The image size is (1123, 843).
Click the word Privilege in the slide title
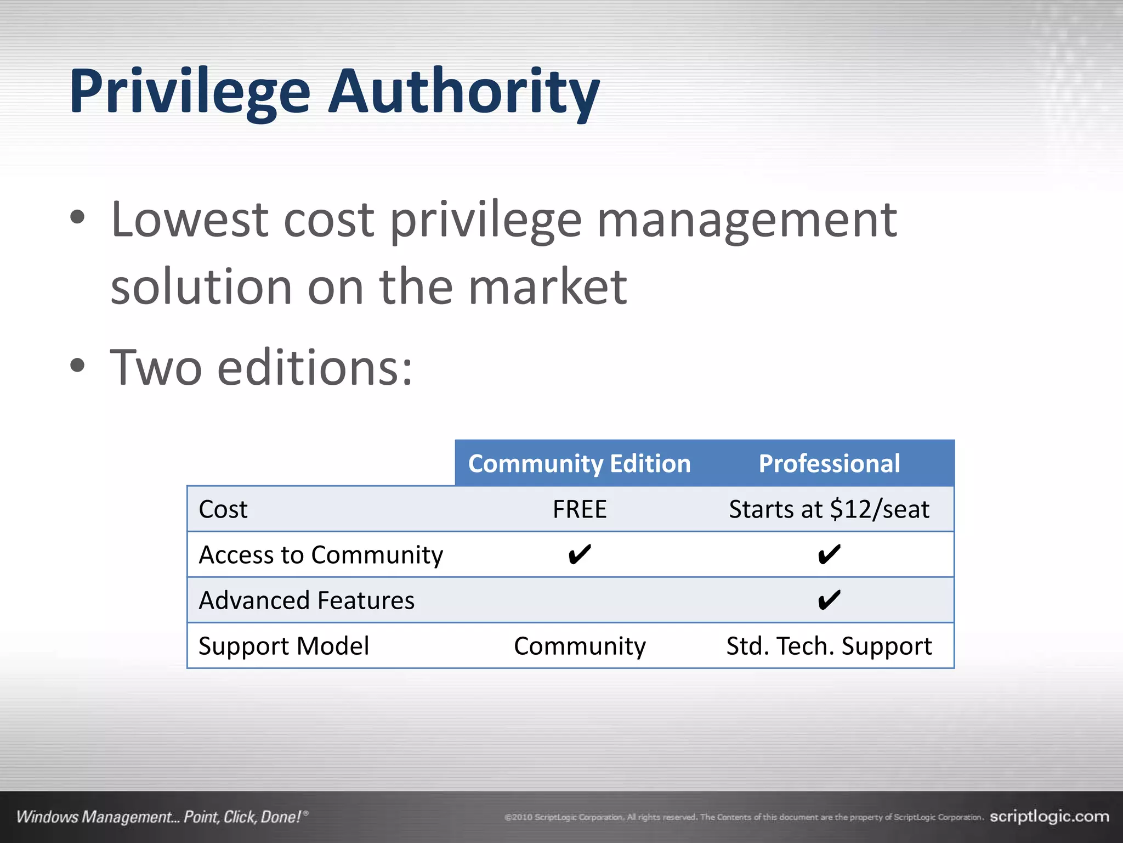click(x=189, y=91)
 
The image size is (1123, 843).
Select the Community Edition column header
click(x=579, y=464)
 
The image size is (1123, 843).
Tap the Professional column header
click(x=829, y=464)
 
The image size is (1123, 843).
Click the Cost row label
click(x=223, y=509)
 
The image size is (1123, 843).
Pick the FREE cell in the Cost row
click(x=580, y=509)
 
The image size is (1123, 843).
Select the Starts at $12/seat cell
click(x=829, y=509)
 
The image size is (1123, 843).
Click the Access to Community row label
click(x=321, y=555)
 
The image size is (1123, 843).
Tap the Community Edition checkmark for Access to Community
click(x=580, y=555)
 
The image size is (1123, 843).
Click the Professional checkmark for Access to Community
click(x=829, y=555)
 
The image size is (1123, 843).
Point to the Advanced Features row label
click(x=307, y=600)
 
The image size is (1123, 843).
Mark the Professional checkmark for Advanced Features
click(x=829, y=600)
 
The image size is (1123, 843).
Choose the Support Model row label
click(x=283, y=646)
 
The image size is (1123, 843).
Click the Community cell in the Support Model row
click(x=580, y=646)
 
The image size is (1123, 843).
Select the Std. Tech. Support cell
click(x=829, y=646)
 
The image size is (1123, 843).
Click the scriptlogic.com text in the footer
click(x=1049, y=817)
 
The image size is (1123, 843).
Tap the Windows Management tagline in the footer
click(x=159, y=817)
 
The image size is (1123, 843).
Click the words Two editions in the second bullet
click(x=260, y=368)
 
